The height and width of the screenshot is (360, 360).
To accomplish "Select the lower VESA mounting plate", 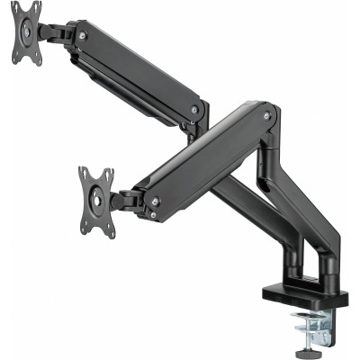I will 96,200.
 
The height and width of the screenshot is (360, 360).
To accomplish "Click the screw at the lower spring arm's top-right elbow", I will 265,115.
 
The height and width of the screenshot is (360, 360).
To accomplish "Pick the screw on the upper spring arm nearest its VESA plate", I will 83,36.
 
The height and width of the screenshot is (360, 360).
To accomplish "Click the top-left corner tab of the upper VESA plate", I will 15,8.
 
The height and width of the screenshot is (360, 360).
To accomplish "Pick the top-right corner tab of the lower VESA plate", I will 109,172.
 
